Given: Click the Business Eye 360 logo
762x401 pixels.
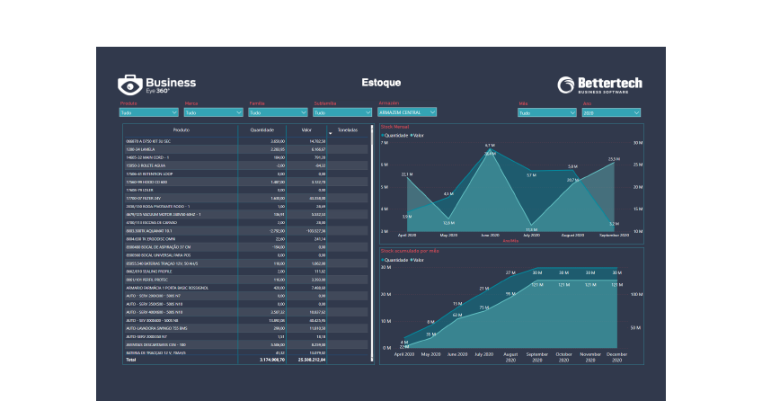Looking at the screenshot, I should point(156,85).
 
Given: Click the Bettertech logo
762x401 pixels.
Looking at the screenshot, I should point(599,85).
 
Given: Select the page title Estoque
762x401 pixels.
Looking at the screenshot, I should point(381,83).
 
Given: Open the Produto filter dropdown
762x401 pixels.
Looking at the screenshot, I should point(149,113).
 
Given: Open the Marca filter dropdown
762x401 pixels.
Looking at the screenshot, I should point(213,113).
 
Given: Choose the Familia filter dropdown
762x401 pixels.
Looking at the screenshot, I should point(278,113).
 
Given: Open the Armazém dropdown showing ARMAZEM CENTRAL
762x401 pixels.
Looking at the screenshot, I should point(407,112).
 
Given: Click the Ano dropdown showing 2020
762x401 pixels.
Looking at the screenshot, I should point(611,113).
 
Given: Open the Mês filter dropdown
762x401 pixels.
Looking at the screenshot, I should point(546,113).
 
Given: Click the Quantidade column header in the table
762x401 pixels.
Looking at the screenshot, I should point(261,130).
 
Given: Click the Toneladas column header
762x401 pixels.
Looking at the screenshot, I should point(347,130).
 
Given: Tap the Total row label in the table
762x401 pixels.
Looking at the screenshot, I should point(131,360).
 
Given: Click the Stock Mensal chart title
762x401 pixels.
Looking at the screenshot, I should point(394,128).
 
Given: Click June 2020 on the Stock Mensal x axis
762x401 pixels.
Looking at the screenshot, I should point(490,235).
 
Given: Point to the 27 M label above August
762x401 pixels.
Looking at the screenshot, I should point(509,272).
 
